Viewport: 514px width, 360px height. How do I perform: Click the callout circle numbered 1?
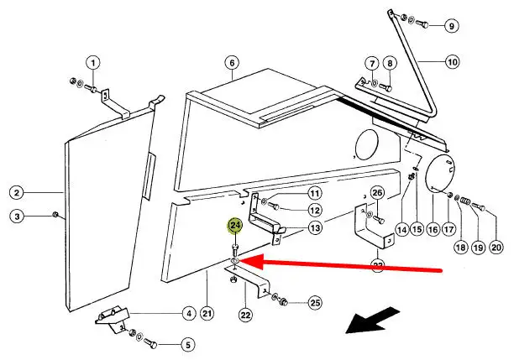click(x=93, y=62)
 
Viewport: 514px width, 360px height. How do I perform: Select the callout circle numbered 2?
click(x=17, y=193)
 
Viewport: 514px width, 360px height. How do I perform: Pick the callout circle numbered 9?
click(x=452, y=26)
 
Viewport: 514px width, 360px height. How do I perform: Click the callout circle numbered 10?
click(x=452, y=62)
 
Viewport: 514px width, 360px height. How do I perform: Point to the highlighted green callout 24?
click(x=235, y=225)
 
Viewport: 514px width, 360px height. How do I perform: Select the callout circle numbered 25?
click(x=315, y=301)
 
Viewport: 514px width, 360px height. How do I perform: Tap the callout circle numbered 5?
click(x=186, y=344)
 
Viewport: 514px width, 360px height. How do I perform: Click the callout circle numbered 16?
click(x=433, y=228)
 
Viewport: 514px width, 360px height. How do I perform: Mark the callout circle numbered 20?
click(x=496, y=247)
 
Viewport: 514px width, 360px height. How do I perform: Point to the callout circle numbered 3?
click(x=17, y=217)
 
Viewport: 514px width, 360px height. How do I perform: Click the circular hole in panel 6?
click(x=367, y=144)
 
